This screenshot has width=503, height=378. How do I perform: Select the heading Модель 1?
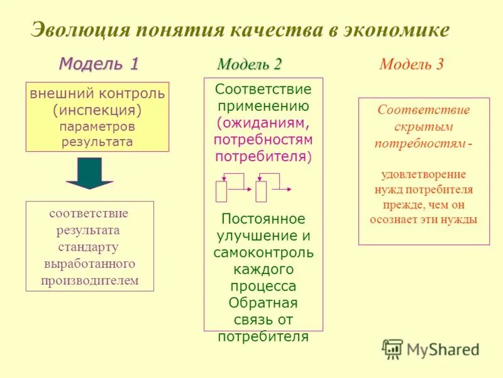point(98,64)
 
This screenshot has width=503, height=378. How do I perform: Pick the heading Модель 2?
point(249,64)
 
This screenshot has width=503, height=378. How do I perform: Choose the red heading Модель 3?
point(411,64)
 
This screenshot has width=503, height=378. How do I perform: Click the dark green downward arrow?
point(89,173)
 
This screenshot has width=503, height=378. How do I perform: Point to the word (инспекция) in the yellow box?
point(97,110)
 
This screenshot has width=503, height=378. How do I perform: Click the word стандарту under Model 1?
point(89,246)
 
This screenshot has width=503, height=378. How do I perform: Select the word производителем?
point(89,280)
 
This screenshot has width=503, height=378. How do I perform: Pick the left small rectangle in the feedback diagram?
point(221,191)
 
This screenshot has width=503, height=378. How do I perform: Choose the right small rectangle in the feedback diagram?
point(262,191)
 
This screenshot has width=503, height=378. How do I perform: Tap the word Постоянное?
point(263,219)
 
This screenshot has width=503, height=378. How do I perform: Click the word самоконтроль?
point(263,253)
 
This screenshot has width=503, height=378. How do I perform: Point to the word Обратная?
point(263,302)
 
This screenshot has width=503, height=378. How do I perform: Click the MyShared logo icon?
point(392,348)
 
